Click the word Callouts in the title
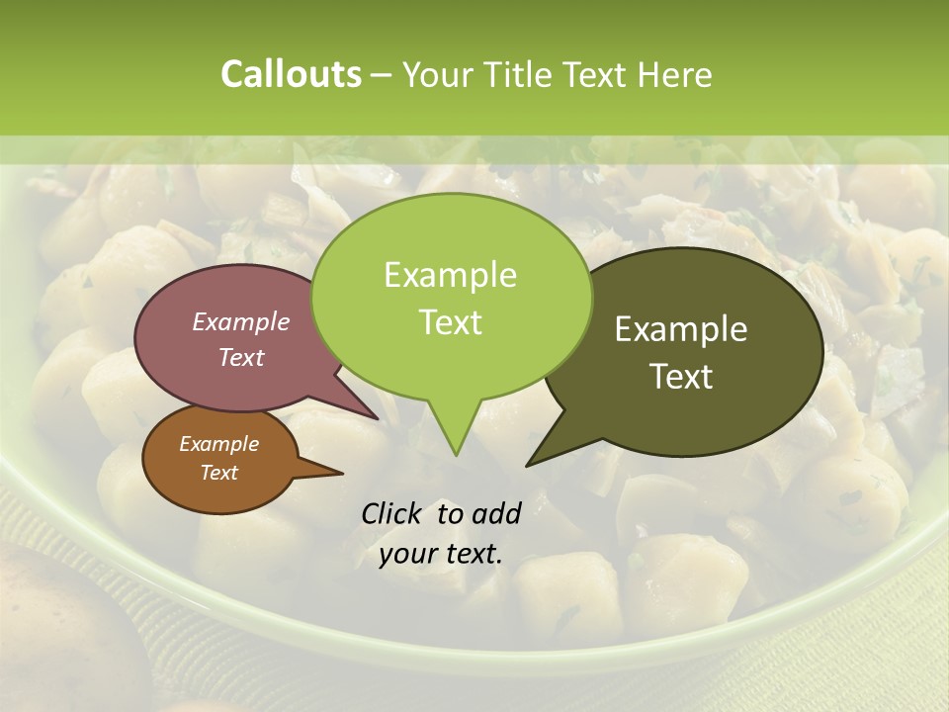291,74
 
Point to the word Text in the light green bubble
450,321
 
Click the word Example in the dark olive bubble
681,329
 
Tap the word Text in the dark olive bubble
681,376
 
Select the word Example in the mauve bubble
241,321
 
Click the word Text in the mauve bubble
241,357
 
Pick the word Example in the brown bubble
218,444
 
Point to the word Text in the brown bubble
218,473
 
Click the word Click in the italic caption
393,513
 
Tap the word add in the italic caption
496,513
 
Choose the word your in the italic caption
407,554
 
